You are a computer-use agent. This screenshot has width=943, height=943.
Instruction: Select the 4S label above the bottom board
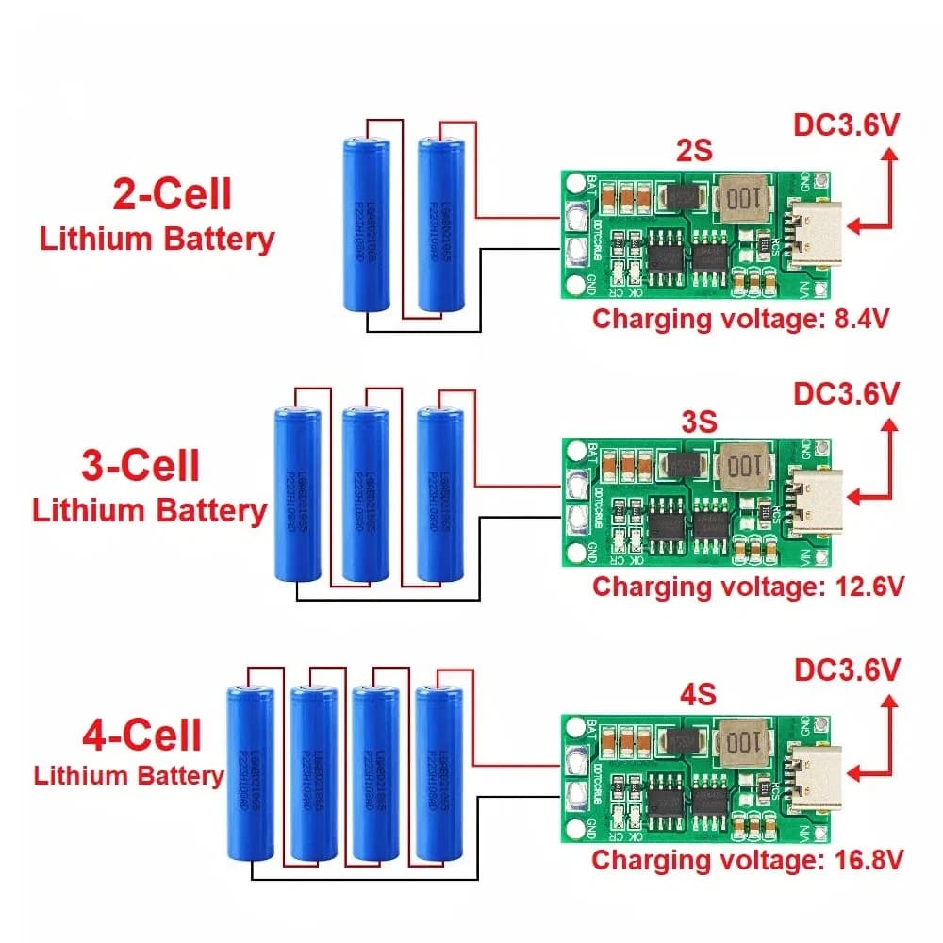click(x=696, y=694)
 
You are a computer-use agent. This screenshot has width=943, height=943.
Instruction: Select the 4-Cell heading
click(x=141, y=735)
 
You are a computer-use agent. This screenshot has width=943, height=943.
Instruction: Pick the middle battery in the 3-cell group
click(x=366, y=494)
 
